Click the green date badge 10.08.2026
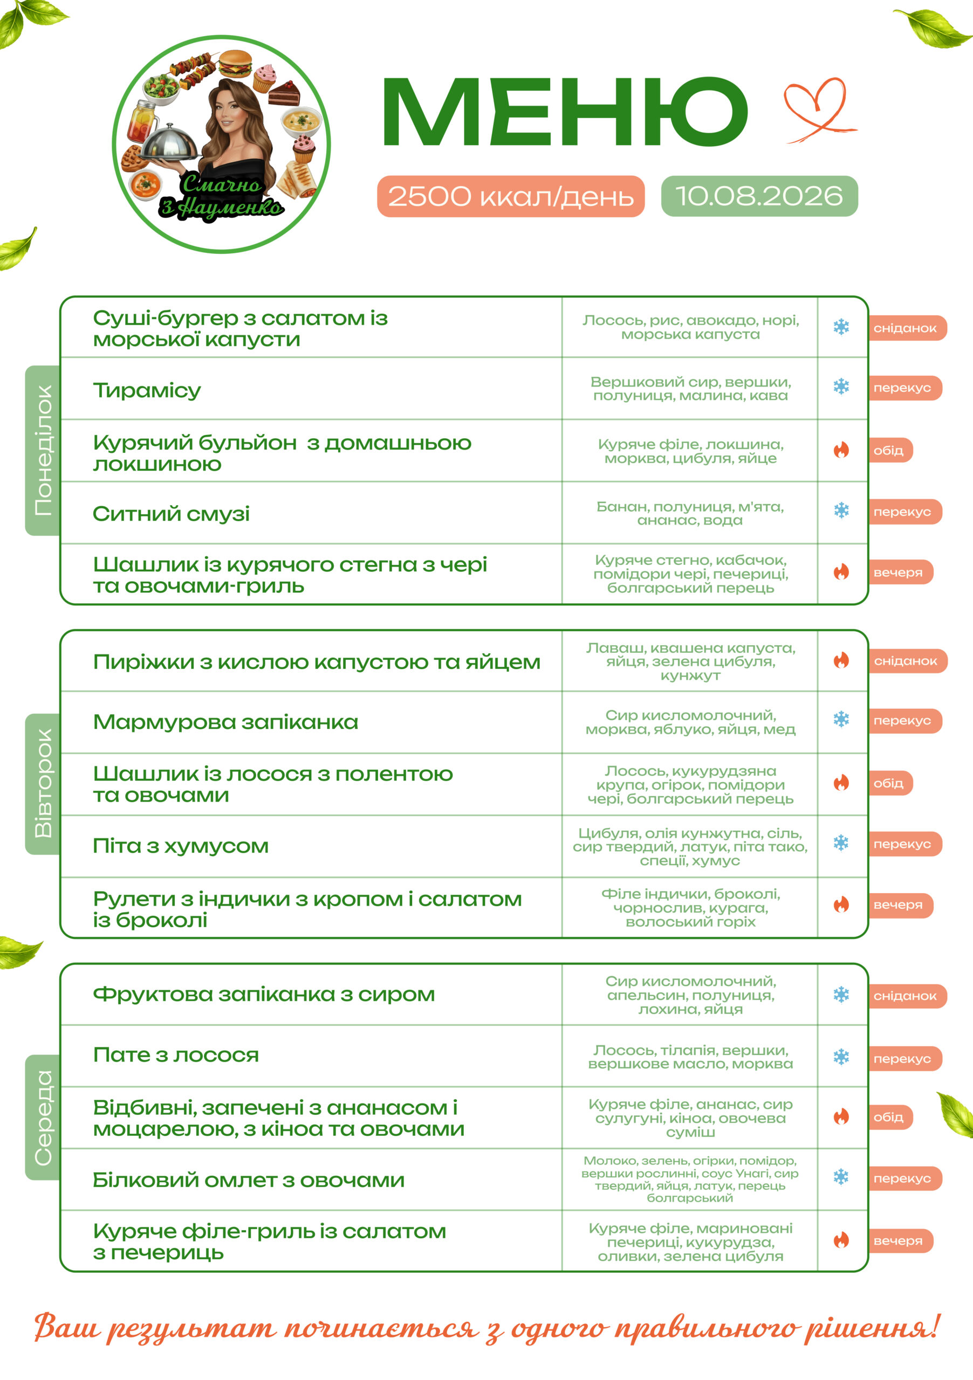759,196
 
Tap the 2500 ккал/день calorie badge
511,196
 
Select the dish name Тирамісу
147,390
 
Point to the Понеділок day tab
43,450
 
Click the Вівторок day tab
43,784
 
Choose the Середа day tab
43,1117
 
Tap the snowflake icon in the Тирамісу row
841,387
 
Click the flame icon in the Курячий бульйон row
841,450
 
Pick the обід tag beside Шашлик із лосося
890,783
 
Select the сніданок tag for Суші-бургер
907,328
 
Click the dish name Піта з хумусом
180,846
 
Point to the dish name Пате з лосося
176,1055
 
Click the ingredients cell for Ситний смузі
690,513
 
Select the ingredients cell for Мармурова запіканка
690,722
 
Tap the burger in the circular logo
235,64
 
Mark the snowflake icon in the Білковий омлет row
841,1177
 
